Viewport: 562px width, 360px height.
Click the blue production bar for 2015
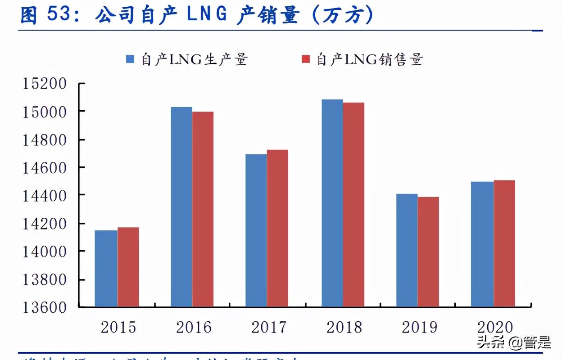[106, 269]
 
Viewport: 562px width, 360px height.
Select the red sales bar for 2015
[128, 267]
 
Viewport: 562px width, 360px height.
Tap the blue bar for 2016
[181, 207]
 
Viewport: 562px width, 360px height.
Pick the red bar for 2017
[277, 228]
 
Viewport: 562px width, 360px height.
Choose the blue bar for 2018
[332, 203]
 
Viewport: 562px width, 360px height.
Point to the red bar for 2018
[354, 205]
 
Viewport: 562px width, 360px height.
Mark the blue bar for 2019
[407, 250]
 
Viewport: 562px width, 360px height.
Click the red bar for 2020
[504, 243]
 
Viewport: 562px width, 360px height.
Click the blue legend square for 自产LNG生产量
[131, 59]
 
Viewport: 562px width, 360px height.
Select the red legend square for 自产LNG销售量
[306, 59]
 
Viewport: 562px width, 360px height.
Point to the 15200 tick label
[45, 84]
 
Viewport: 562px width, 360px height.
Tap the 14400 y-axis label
[45, 195]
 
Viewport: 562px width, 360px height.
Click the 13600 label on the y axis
[45, 307]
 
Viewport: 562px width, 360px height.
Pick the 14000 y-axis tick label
[45, 251]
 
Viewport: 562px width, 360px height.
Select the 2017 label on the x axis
[269, 327]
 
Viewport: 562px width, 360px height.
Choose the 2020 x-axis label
[495, 327]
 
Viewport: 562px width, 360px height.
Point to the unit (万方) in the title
[342, 15]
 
